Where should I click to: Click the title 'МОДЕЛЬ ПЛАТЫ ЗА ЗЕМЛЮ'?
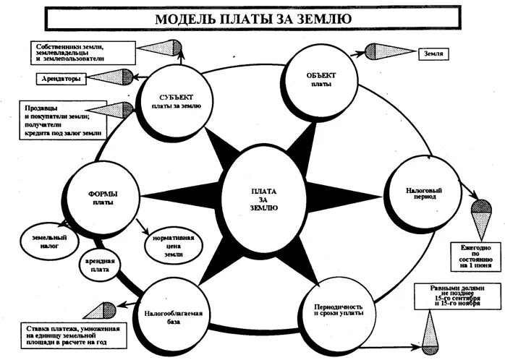click(x=253, y=18)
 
